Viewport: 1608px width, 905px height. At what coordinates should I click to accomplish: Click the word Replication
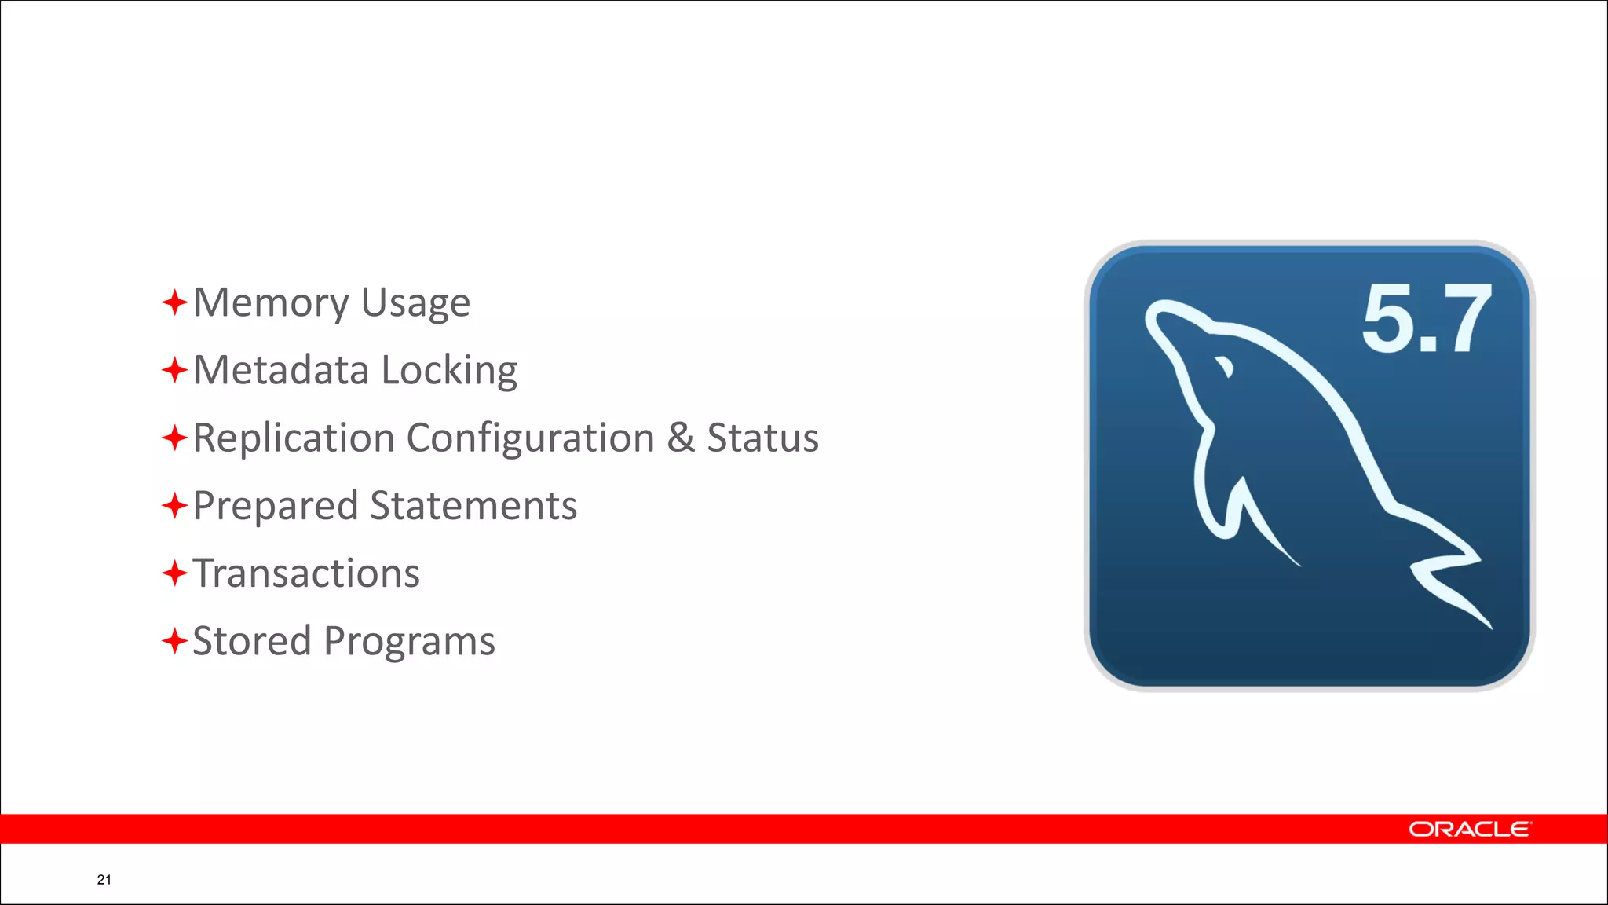[x=294, y=439]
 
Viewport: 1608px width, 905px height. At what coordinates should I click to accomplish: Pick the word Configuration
[x=530, y=439]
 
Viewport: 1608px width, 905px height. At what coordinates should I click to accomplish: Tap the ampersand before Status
[x=680, y=438]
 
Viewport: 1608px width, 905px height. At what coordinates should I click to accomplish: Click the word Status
[x=762, y=438]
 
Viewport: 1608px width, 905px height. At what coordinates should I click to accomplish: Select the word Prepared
[x=276, y=507]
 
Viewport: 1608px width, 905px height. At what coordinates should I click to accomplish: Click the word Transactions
[x=306, y=573]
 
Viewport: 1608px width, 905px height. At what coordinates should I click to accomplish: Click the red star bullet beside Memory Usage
[x=174, y=302]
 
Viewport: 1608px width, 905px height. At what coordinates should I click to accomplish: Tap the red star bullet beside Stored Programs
[x=174, y=641]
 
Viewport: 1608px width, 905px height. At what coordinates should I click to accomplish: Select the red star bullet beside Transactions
[x=174, y=573]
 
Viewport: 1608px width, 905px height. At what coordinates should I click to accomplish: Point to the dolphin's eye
[x=1224, y=366]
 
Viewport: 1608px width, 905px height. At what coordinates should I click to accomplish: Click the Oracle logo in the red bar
[x=1469, y=830]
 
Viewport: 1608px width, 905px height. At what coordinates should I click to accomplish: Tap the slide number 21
[x=104, y=880]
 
